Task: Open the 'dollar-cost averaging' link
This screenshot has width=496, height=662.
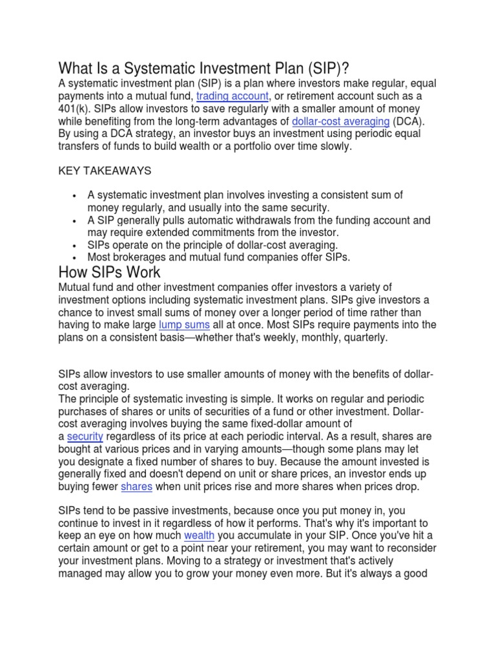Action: tap(340, 121)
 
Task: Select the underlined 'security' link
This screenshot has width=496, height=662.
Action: tap(85, 436)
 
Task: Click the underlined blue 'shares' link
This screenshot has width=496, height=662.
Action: tap(137, 486)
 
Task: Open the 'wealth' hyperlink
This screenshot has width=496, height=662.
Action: tap(199, 536)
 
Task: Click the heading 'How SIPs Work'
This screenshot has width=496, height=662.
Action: tap(109, 271)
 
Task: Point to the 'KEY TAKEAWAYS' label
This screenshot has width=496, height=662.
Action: tap(105, 171)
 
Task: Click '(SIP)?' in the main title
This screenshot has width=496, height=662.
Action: tap(316, 68)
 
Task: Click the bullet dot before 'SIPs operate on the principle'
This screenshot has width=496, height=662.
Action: tap(76, 246)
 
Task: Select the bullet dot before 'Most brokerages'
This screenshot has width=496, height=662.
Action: tap(76, 258)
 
